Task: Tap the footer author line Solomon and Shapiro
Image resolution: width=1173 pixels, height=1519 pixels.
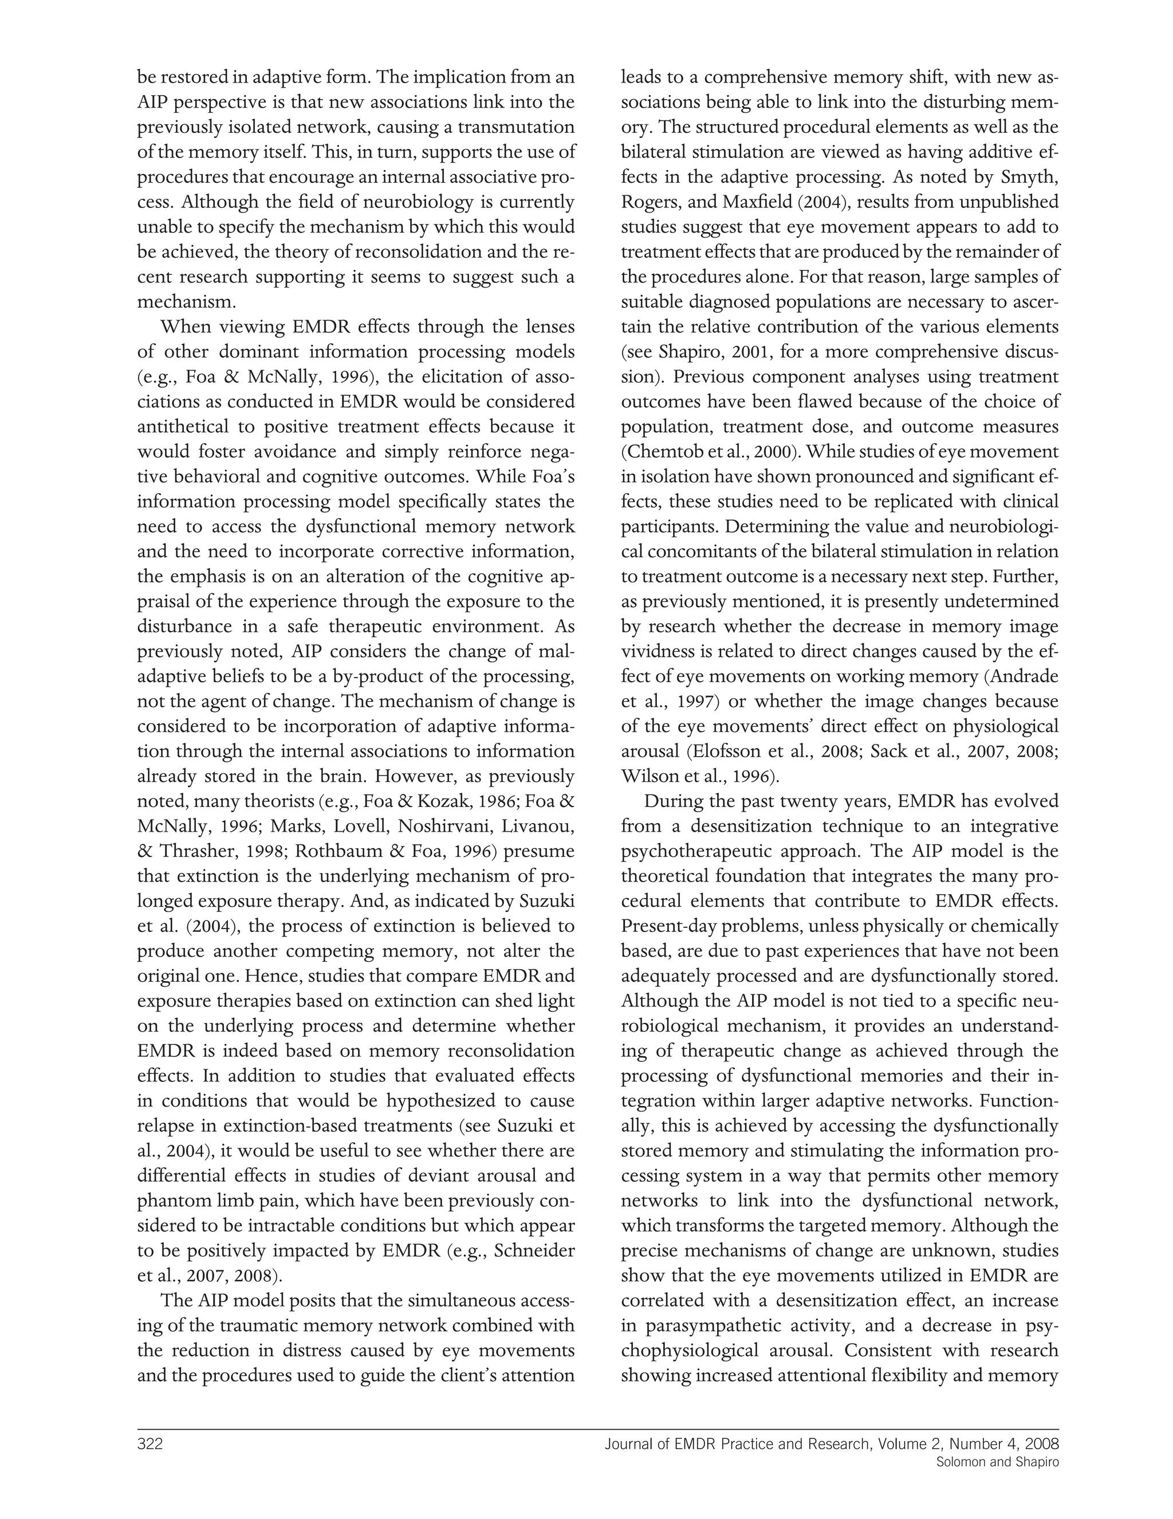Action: pyautogui.click(x=997, y=1462)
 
